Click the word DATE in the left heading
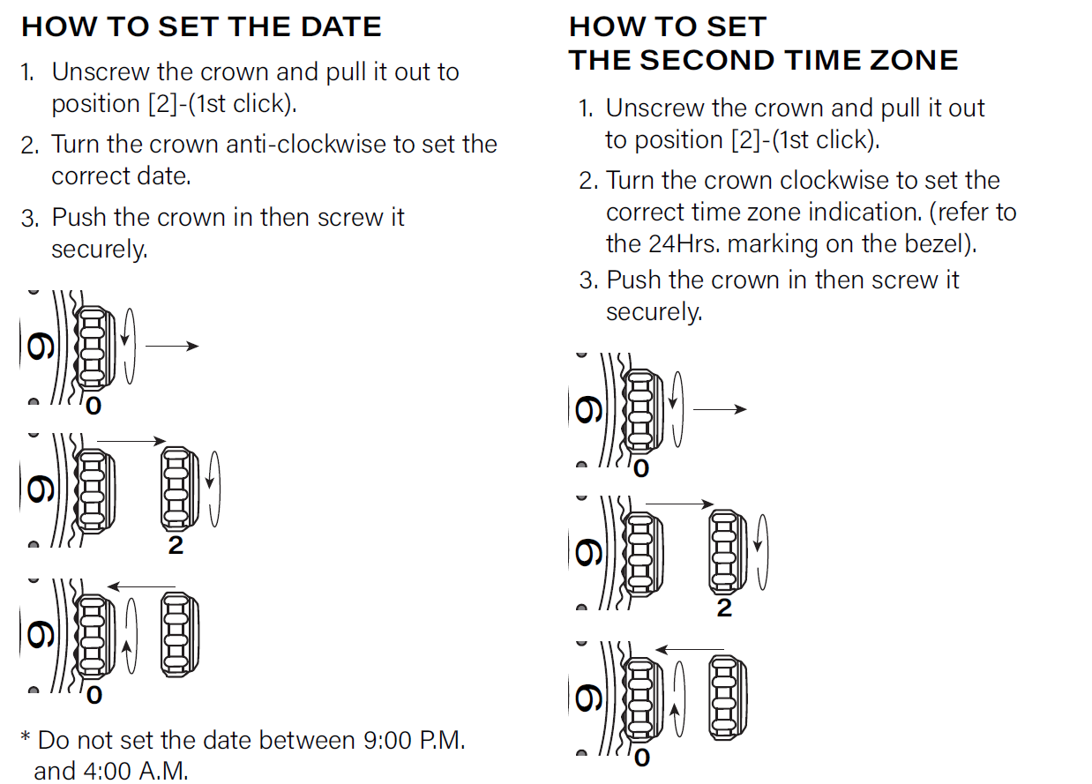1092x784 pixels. pos(341,26)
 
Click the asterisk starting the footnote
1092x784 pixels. pos(26,736)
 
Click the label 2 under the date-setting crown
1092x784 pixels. pos(176,545)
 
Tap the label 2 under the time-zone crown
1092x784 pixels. pos(724,608)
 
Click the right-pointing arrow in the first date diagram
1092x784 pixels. pos(172,346)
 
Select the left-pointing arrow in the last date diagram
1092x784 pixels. pos(141,586)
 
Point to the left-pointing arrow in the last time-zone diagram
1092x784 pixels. pos(689,649)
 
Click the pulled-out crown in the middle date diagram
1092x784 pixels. pos(180,489)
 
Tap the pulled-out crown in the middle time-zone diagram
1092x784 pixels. pos(728,552)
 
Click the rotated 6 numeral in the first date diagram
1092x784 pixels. pos(41,346)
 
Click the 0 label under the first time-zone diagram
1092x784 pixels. pos(641,469)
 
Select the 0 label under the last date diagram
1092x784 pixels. pos(94,695)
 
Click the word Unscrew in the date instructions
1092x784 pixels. pos(101,72)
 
